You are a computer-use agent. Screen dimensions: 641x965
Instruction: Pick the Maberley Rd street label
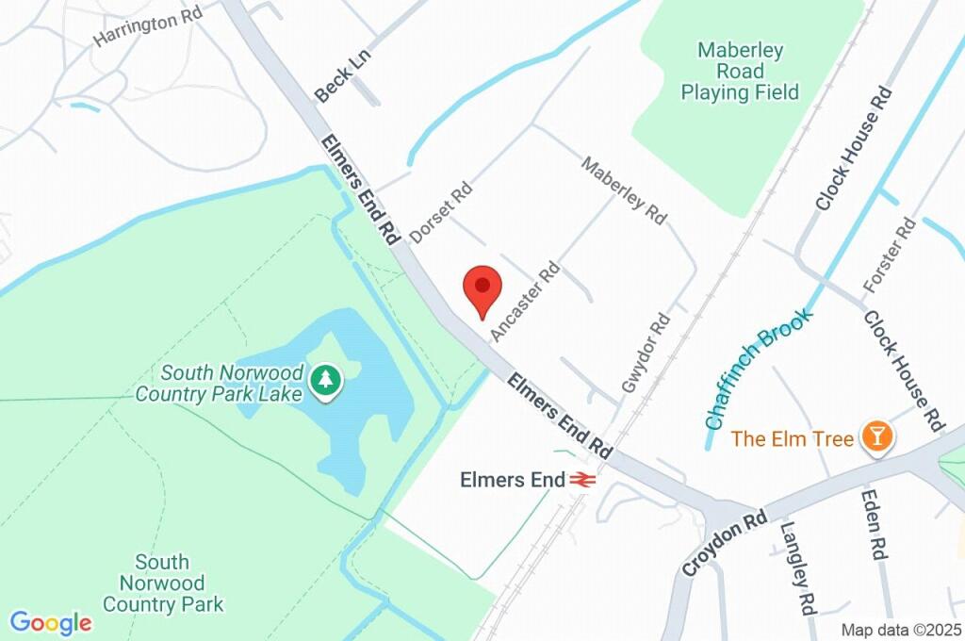point(623,190)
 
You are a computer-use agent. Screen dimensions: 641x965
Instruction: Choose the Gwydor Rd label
point(646,353)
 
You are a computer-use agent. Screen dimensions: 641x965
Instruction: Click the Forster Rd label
point(889,255)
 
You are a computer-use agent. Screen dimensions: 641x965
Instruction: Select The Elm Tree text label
point(793,438)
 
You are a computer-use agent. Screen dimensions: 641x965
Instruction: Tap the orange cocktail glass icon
point(878,436)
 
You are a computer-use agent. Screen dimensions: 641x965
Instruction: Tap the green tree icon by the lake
point(326,381)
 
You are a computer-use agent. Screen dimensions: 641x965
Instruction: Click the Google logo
point(51,623)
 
